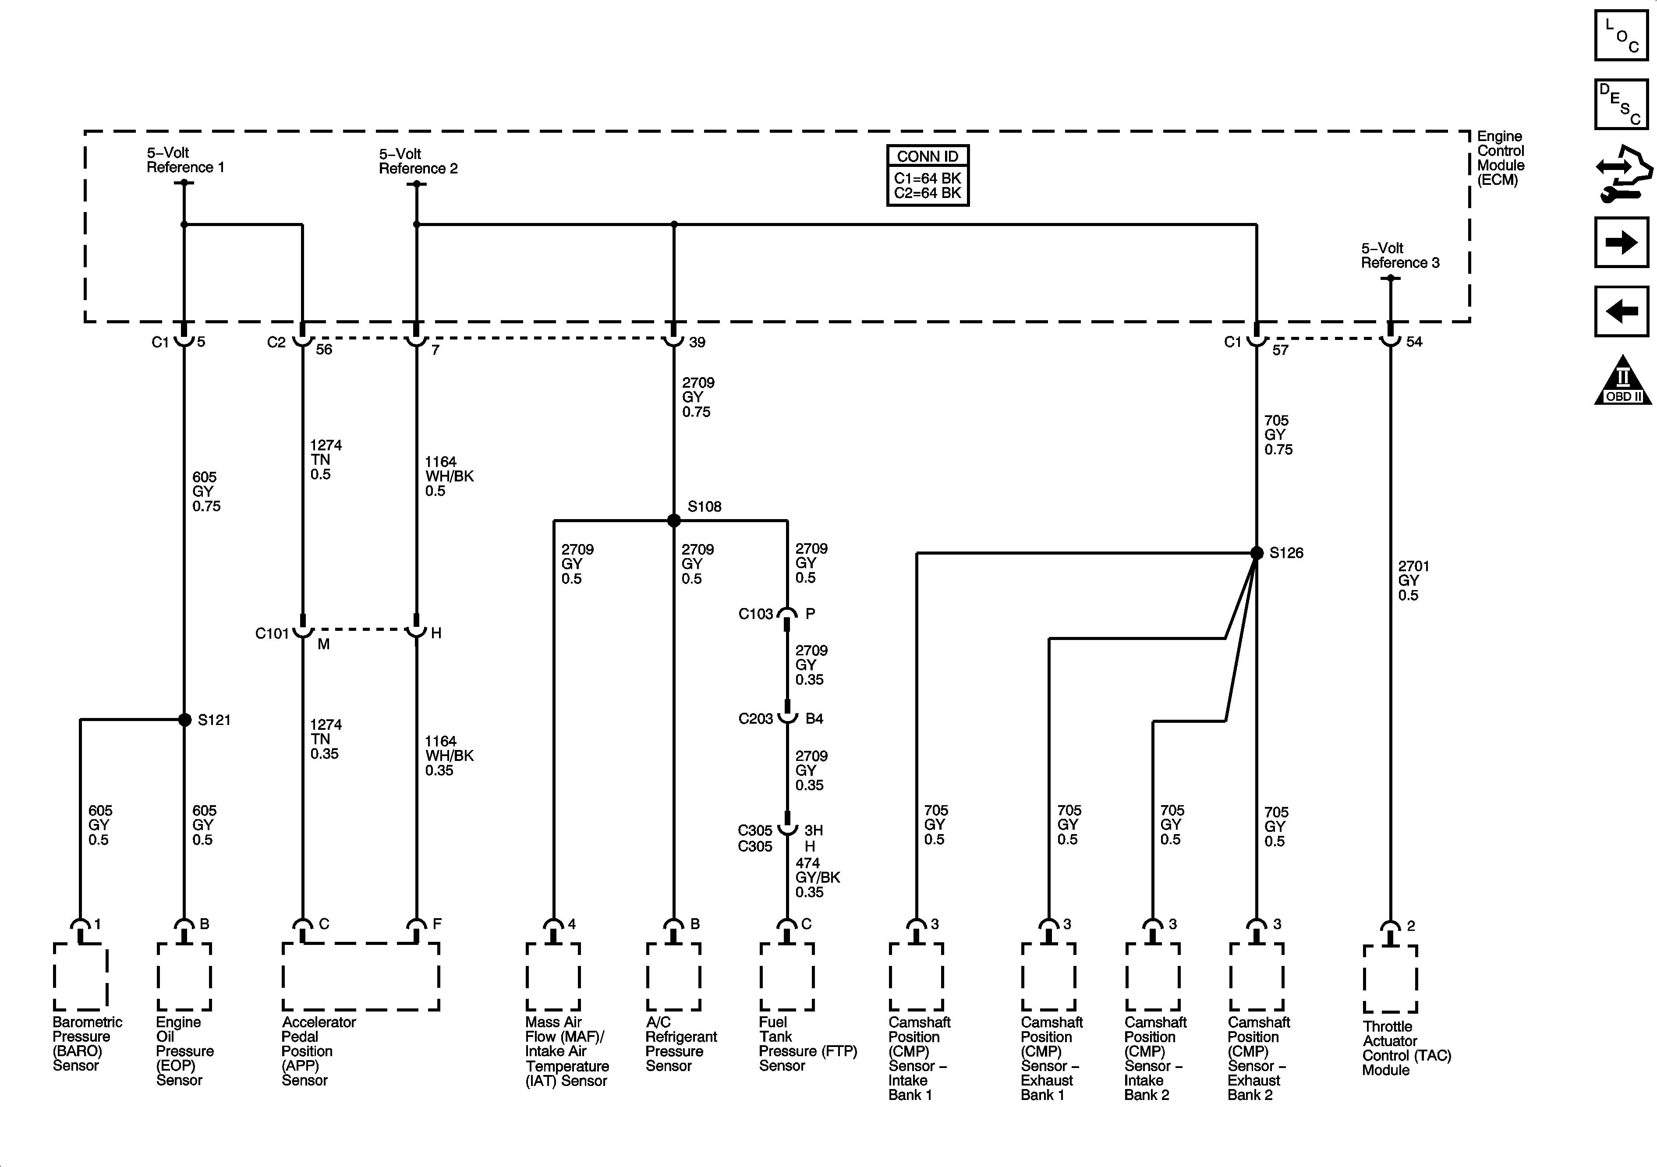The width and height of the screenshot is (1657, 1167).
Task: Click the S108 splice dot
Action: (x=673, y=520)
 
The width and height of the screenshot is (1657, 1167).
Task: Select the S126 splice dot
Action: (x=1257, y=553)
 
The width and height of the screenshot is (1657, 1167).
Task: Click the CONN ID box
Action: (x=928, y=175)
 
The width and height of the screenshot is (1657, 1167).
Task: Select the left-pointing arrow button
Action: (x=1622, y=312)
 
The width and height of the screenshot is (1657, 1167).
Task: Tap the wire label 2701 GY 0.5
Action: (x=1413, y=581)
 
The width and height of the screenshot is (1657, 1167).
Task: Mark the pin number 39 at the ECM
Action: (x=697, y=342)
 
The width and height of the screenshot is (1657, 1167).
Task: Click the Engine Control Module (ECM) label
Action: (x=1501, y=158)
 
